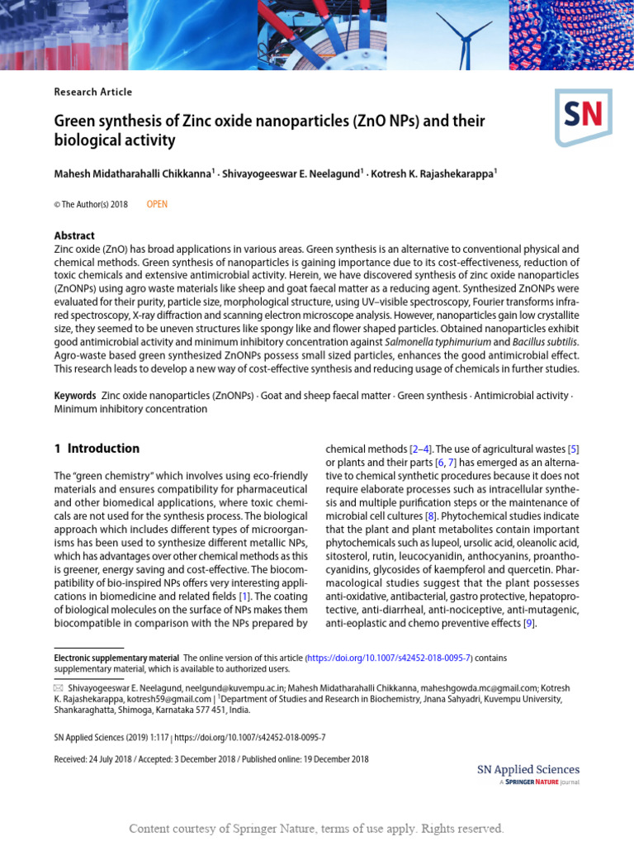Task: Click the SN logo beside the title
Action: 584,116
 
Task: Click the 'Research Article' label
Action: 92,92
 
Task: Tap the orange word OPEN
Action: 157,204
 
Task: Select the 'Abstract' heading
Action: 74,235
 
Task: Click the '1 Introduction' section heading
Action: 97,449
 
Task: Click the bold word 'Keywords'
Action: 75,396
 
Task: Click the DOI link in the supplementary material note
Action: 389,658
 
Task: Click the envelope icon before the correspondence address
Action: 58,687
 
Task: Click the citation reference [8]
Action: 430,516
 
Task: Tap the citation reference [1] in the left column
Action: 244,595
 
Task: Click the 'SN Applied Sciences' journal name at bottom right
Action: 528,769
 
